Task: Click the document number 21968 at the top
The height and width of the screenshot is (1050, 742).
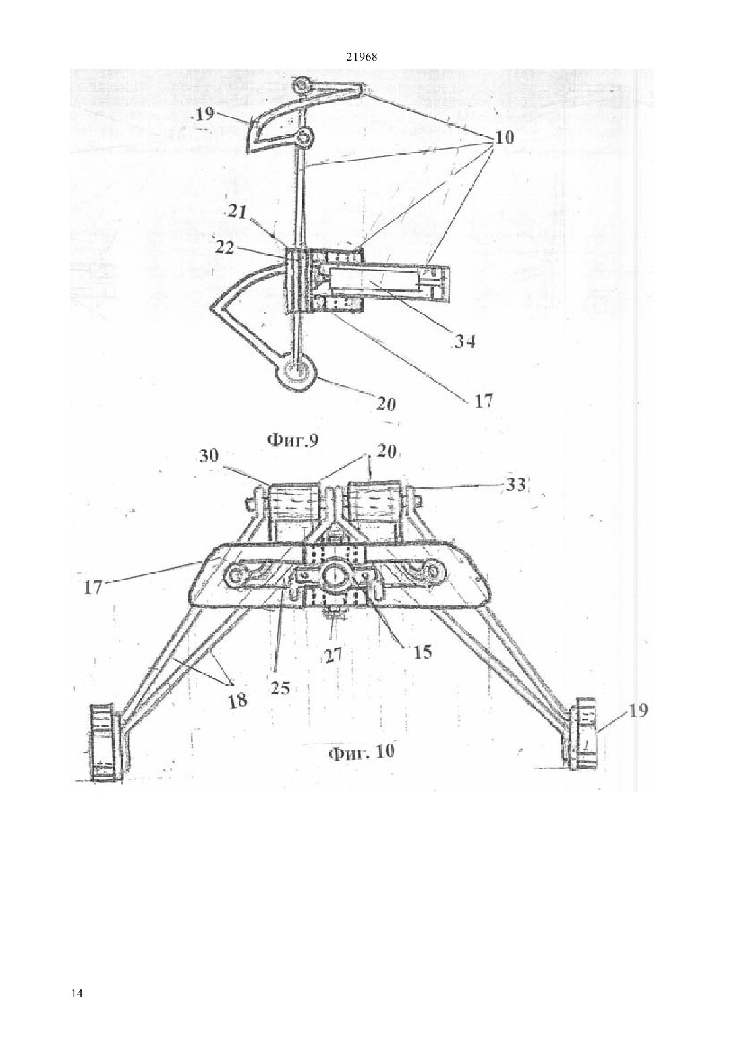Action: click(361, 57)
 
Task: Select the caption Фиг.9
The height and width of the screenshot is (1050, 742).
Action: click(292, 440)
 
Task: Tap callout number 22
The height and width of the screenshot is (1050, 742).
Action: click(225, 247)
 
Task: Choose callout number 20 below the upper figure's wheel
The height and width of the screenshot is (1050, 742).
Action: click(387, 404)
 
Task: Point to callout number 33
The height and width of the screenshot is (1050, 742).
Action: click(515, 485)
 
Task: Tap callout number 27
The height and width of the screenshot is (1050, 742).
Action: click(333, 655)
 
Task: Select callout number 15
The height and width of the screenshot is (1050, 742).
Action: click(422, 653)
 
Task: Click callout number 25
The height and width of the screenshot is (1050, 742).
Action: click(280, 688)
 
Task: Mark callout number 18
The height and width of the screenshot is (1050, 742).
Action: click(237, 700)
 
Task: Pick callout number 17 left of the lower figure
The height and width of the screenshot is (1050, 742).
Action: click(93, 587)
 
